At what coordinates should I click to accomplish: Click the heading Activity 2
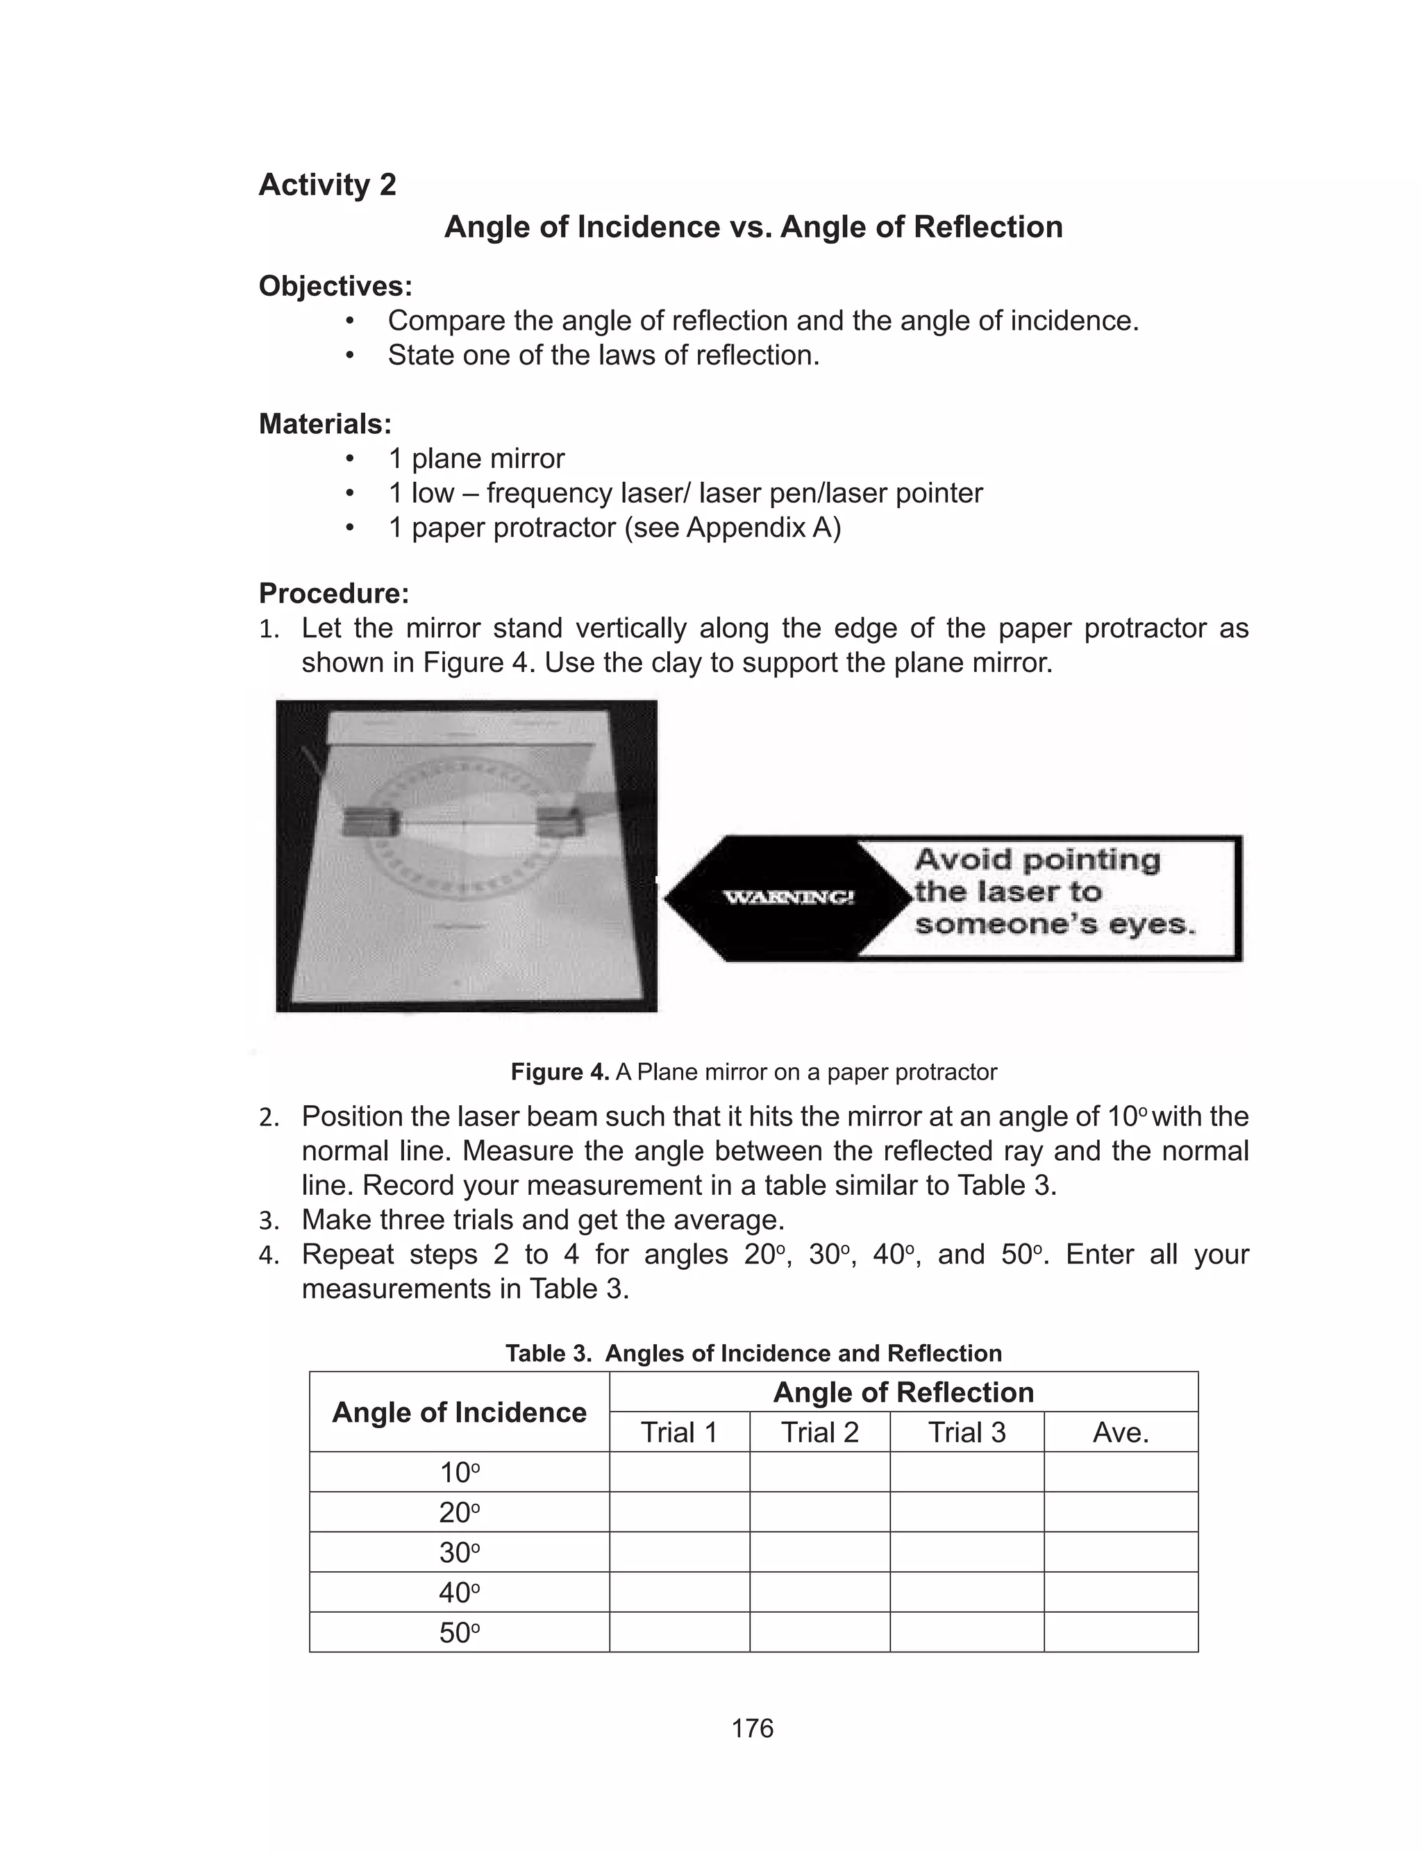tap(327, 185)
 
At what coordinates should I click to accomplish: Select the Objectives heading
tap(335, 286)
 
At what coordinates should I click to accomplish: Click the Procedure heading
tap(333, 593)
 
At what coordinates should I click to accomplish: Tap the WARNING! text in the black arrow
tap(788, 898)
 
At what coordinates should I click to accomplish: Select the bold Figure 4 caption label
tap(560, 1072)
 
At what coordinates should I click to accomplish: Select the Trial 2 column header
tap(819, 1432)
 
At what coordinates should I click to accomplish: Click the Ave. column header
tap(1121, 1432)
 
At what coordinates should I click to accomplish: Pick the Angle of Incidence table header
tap(459, 1412)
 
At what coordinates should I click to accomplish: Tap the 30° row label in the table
tap(459, 1552)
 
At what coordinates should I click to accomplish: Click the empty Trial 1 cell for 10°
tap(679, 1473)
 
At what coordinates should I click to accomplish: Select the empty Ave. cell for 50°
tap(1121, 1632)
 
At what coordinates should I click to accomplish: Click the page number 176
tap(753, 1728)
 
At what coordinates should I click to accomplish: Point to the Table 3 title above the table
tap(753, 1353)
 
